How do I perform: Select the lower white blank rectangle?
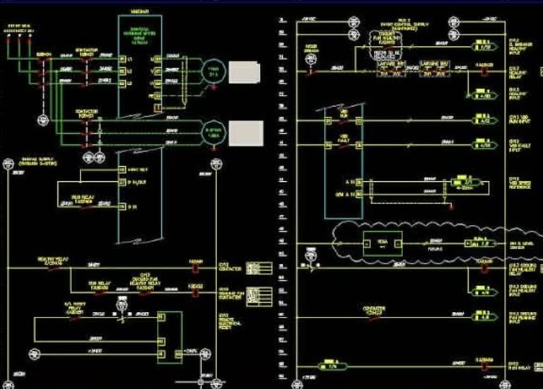[245, 130]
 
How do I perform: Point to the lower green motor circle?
[213, 132]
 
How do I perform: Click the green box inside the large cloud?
[382, 244]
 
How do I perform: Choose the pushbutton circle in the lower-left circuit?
[120, 306]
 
